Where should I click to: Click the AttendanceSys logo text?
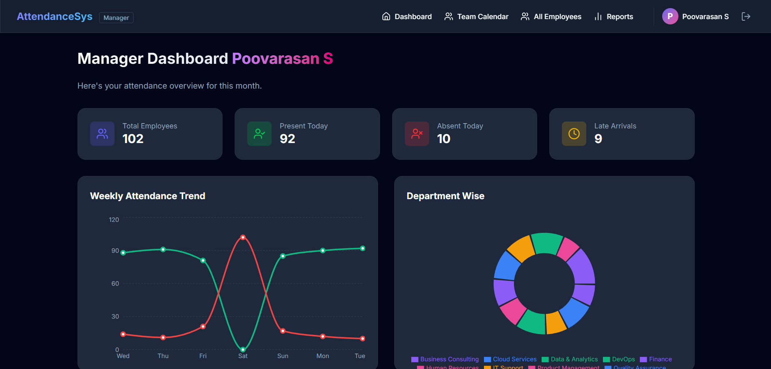click(x=54, y=17)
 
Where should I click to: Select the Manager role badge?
click(x=116, y=18)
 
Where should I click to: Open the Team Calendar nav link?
click(x=476, y=17)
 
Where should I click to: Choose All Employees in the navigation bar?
click(x=551, y=17)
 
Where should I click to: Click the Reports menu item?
click(x=613, y=17)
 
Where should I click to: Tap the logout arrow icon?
click(x=746, y=17)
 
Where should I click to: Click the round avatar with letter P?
click(x=670, y=17)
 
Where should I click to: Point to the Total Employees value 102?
click(x=133, y=139)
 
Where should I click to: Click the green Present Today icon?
click(x=259, y=134)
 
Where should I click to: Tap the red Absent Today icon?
click(x=417, y=134)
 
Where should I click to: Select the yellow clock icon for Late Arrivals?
click(x=574, y=134)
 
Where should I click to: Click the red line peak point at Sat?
click(x=243, y=237)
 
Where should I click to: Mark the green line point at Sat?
click(x=243, y=349)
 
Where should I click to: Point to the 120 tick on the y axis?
click(x=114, y=220)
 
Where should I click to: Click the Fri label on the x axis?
click(x=203, y=356)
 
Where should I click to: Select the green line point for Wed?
click(x=123, y=253)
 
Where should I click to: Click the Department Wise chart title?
click(x=445, y=196)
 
